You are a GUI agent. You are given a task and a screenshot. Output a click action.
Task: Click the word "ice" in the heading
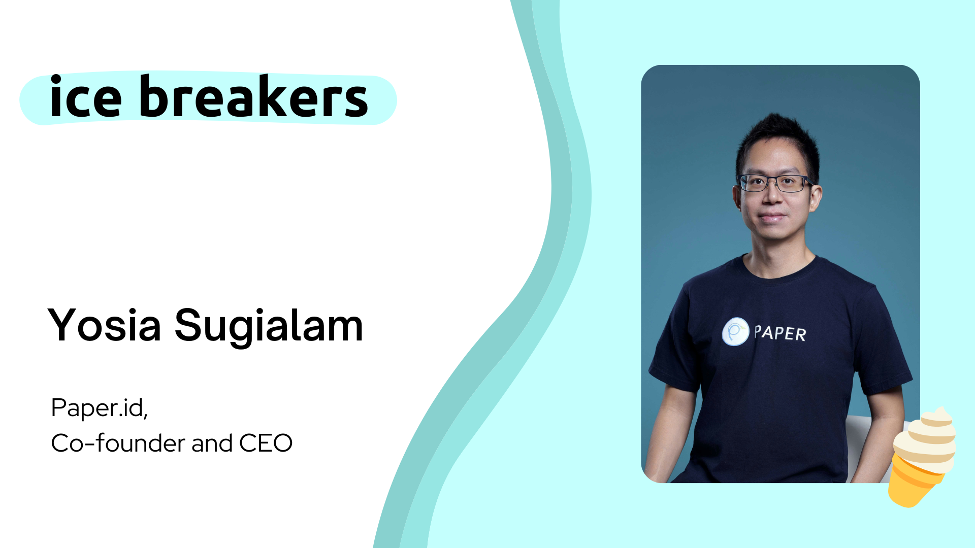[85, 97]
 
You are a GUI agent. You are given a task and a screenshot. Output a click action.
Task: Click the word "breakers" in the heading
[253, 97]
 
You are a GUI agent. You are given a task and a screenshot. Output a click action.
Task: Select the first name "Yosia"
[105, 325]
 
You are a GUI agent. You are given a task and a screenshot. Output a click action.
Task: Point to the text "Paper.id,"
[100, 408]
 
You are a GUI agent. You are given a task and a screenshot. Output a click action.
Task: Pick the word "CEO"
[266, 443]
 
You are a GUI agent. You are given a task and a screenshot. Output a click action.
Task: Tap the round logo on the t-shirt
[735, 332]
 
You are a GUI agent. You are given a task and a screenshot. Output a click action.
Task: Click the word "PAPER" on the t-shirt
[780, 333]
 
